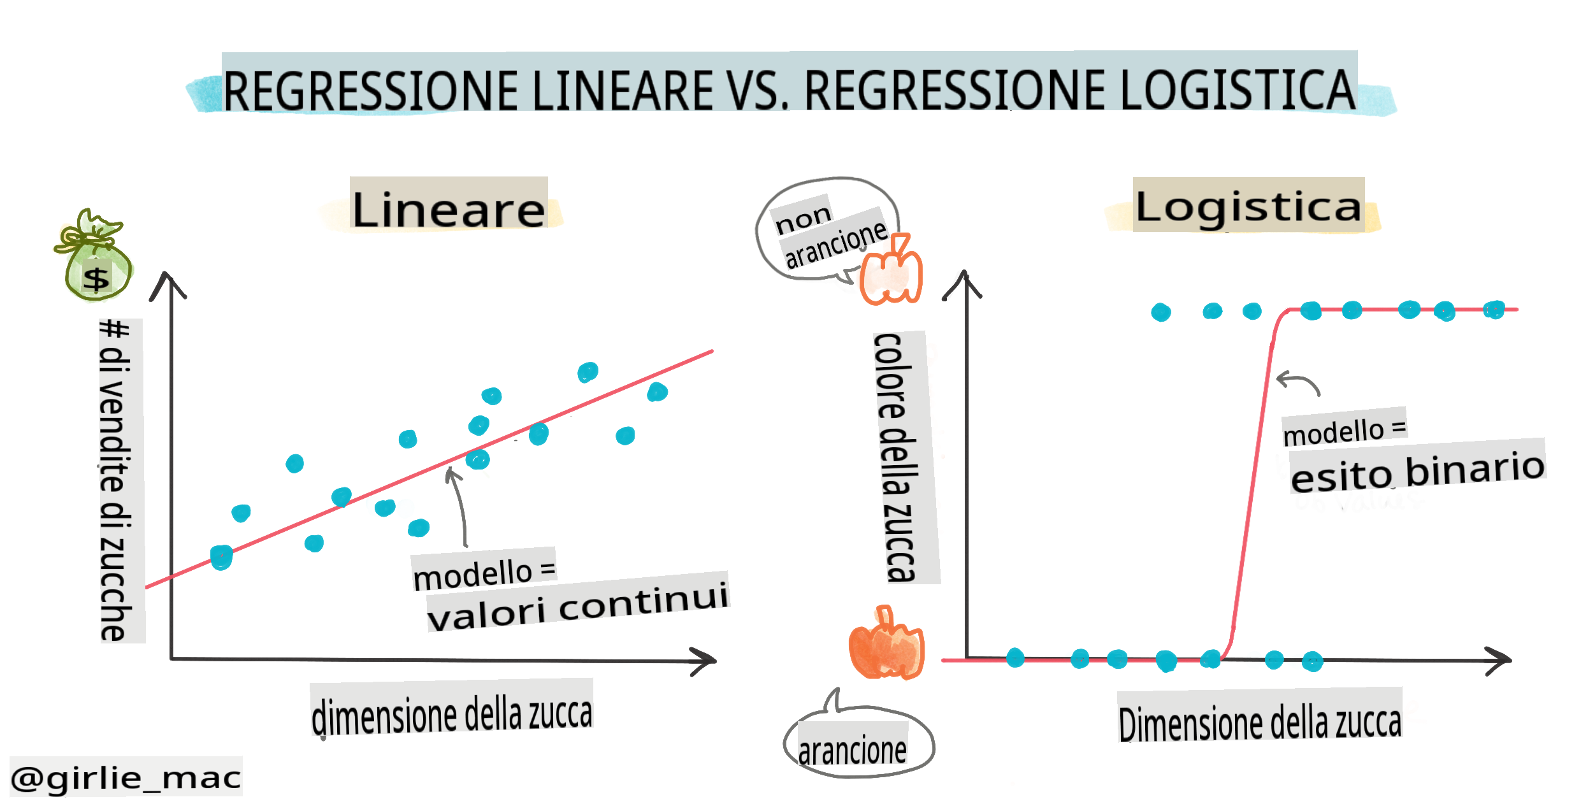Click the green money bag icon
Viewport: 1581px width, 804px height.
(94, 255)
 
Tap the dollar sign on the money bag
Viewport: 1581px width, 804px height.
(97, 279)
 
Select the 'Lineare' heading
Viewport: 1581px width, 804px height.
(449, 210)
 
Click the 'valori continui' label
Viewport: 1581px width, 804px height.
(577, 606)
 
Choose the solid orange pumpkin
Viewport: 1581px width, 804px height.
(886, 643)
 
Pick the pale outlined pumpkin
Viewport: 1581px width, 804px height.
(891, 270)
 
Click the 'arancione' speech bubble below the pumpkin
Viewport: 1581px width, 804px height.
(858, 739)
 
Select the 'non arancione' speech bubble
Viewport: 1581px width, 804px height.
(827, 229)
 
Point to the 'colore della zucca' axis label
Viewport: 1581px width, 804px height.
(899, 457)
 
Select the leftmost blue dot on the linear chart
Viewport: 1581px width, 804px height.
(221, 557)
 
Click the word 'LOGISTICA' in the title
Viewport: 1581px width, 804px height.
(1238, 90)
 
